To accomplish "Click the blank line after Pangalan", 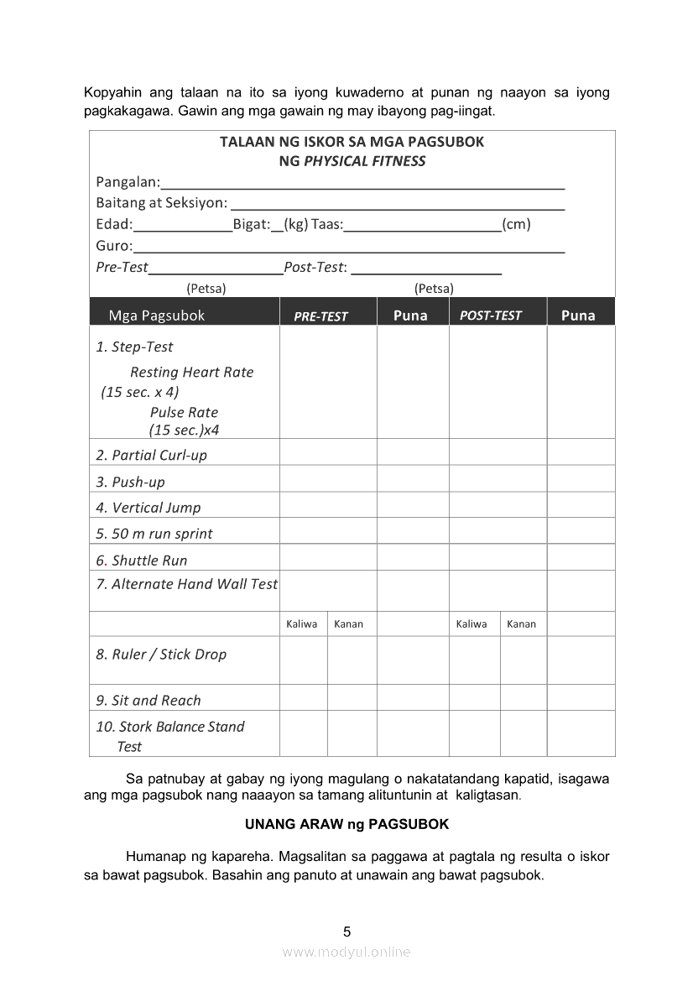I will tap(362, 185).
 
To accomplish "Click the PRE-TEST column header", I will tap(320, 316).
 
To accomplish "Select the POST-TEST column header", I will tap(491, 316).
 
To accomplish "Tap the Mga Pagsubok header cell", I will tap(157, 316).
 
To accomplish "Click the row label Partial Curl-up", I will tap(151, 455).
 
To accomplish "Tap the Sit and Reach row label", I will tap(148, 700).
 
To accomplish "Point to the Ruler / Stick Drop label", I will tap(161, 655).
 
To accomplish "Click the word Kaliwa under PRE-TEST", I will tap(302, 624).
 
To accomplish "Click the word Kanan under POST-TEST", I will tap(522, 624).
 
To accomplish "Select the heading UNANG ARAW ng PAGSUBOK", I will tap(346, 824).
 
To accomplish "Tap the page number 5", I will tap(346, 931).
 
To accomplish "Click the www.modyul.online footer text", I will tap(346, 952).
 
